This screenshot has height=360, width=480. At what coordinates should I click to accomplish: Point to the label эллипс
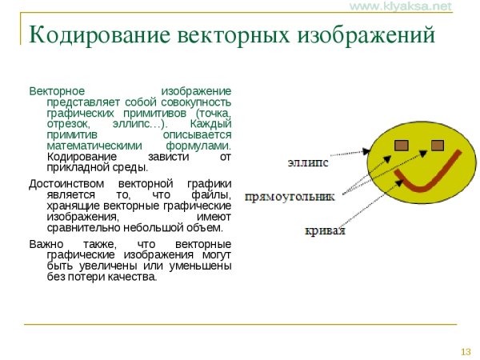(x=308, y=162)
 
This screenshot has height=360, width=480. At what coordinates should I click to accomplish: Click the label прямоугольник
(x=290, y=197)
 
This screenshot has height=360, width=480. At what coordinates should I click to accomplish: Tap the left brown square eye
(x=402, y=145)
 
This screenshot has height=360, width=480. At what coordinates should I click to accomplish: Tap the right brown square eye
(x=438, y=145)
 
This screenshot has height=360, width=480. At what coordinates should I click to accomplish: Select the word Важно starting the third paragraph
(x=46, y=243)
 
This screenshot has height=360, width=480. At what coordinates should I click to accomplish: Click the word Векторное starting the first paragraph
(x=55, y=90)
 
